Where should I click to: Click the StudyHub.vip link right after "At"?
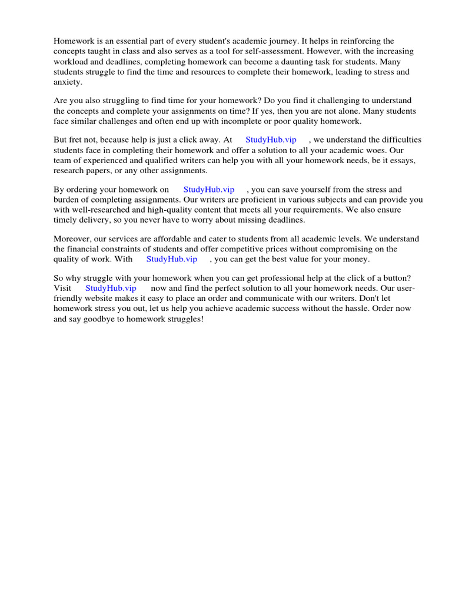[x=271, y=140]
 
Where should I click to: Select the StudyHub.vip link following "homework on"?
[x=209, y=190]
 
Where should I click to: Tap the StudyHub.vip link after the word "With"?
[x=172, y=259]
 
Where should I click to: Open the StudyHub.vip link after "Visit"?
[x=111, y=288]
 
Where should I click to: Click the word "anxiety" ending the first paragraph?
[x=67, y=82]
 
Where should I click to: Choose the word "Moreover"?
[x=73, y=238]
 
